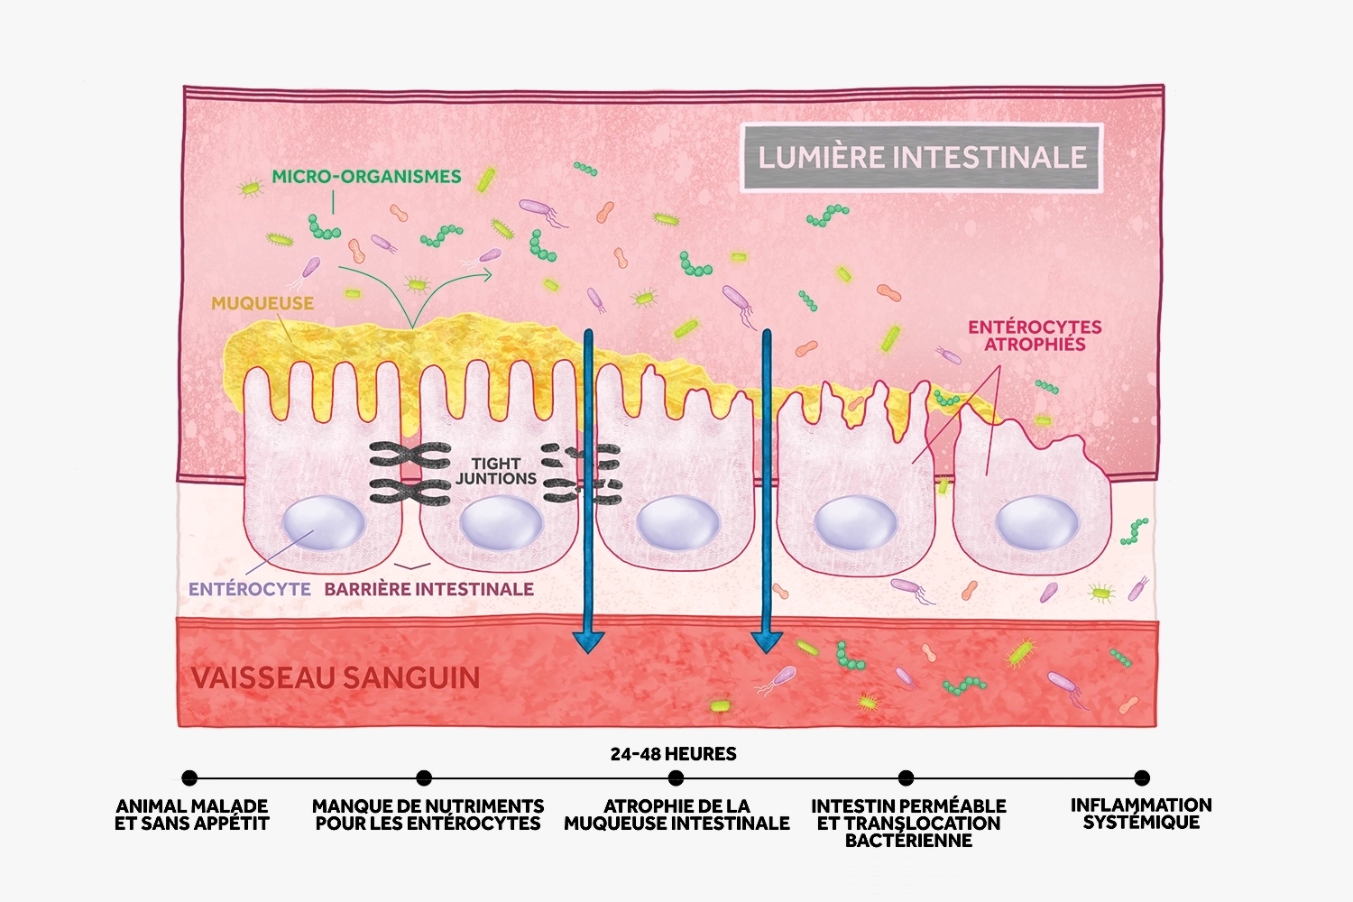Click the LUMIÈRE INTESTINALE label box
(922, 157)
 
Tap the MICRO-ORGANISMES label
(366, 177)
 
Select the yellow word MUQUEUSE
(262, 303)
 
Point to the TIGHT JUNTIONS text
(496, 471)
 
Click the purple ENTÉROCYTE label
(250, 589)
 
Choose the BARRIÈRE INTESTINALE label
(429, 589)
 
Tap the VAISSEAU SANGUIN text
(336, 677)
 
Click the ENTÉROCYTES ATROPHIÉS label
(1035, 336)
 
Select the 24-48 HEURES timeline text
(673, 754)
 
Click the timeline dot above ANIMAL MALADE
(189, 778)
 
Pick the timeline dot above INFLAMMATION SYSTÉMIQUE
(1142, 778)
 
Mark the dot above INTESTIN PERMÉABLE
(907, 778)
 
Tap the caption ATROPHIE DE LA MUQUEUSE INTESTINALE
(676, 815)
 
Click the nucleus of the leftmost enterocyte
(324, 523)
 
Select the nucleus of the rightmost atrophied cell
(1036, 523)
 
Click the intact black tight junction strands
(410, 474)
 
